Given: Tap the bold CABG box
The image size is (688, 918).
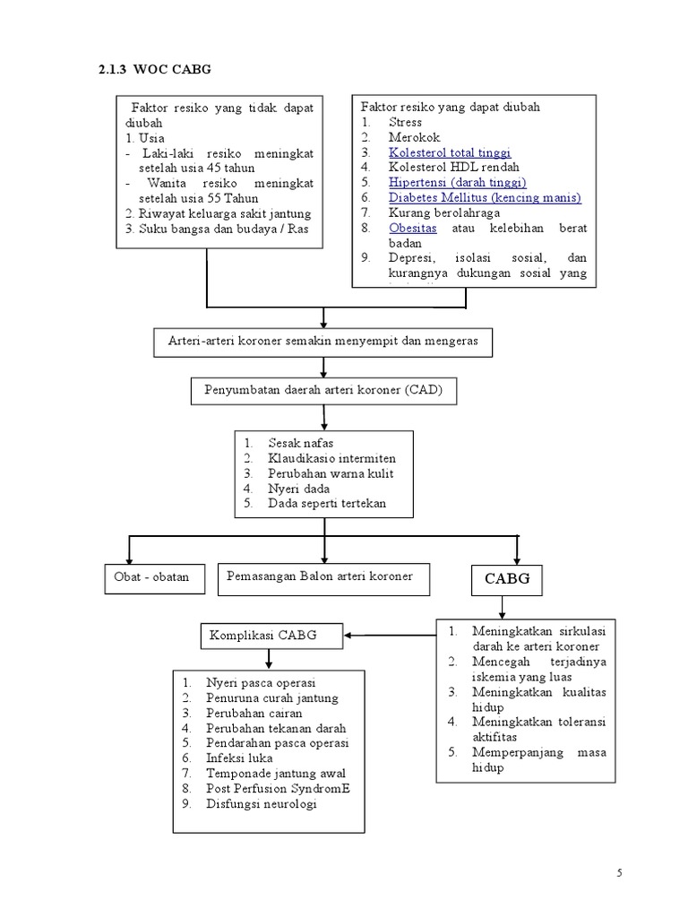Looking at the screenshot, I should (507, 579).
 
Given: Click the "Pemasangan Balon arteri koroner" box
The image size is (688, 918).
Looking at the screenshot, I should (324, 576).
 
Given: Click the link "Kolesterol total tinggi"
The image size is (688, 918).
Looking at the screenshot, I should (450, 152).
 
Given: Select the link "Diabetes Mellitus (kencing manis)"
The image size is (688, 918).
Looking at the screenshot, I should (485, 197).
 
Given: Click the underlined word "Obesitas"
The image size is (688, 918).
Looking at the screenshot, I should (413, 228).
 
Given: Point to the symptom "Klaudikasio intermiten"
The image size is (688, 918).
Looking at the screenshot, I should (331, 458).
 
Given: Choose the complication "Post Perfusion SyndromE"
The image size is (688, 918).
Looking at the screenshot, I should (278, 788).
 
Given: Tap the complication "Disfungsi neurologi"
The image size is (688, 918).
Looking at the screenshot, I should (262, 803).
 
